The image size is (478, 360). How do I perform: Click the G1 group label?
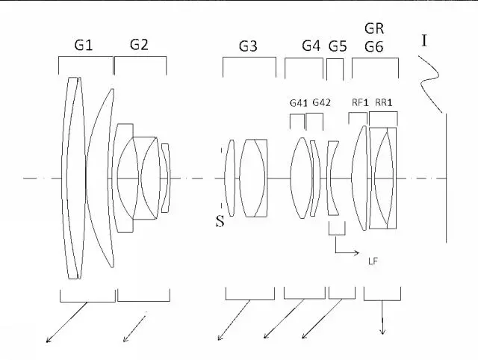pos(83,46)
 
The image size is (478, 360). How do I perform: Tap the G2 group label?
pos(139,45)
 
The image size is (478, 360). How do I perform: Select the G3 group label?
pos(248,46)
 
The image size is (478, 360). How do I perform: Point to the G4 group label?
pos(311,46)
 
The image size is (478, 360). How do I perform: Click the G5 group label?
pos(338,46)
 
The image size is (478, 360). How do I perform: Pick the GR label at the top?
pos(374,28)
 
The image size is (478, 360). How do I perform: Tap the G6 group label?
pos(374,47)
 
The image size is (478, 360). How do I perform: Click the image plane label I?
pos(424,40)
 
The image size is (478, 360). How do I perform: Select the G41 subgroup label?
pos(299,103)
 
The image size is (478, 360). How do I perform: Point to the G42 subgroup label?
pos(322,103)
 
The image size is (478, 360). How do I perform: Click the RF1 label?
pos(360,102)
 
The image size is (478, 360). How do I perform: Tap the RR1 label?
pos(383,103)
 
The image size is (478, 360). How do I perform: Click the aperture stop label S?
pos(220,222)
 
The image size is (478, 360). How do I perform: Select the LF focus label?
pos(373,261)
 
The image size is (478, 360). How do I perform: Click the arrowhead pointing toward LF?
pos(357,252)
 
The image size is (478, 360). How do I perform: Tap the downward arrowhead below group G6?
pos(382,331)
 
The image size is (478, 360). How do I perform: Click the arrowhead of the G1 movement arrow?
pos(49,340)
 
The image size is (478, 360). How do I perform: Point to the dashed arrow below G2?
pos(134,329)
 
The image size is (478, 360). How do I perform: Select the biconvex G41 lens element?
pos(302,178)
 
